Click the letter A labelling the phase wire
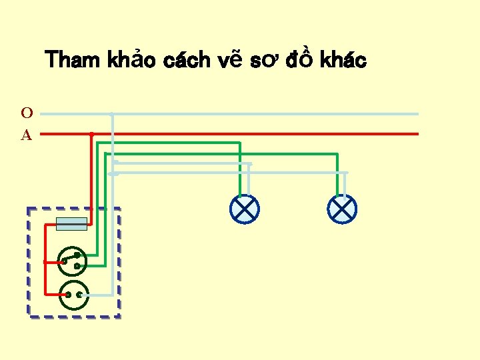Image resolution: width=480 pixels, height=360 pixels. pyautogui.click(x=27, y=135)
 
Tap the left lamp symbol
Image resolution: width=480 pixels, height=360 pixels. pyautogui.click(x=245, y=209)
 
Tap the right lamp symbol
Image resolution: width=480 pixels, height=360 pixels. pyautogui.click(x=342, y=209)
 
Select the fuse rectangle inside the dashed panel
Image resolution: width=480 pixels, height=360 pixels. pyautogui.click(x=71, y=224)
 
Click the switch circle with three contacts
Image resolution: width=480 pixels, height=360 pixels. pyautogui.click(x=73, y=261)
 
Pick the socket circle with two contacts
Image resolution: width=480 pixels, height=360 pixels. pyautogui.click(x=74, y=295)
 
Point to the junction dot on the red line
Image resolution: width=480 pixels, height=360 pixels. pyautogui.click(x=91, y=134)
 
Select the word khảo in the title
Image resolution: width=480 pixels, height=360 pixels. pyautogui.click(x=133, y=61)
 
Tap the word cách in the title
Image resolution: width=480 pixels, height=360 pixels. pyautogui.click(x=188, y=61)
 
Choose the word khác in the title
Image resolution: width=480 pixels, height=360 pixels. pyautogui.click(x=343, y=61)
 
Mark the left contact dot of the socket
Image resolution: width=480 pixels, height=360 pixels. pyautogui.click(x=68, y=295)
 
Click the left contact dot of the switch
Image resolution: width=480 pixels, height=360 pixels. pyautogui.click(x=64, y=262)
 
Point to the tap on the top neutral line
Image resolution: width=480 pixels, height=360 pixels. pyautogui.click(x=112, y=114)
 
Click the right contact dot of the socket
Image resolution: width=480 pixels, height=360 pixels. pyautogui.click(x=80, y=295)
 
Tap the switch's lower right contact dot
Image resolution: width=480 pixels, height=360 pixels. pyautogui.click(x=77, y=266)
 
